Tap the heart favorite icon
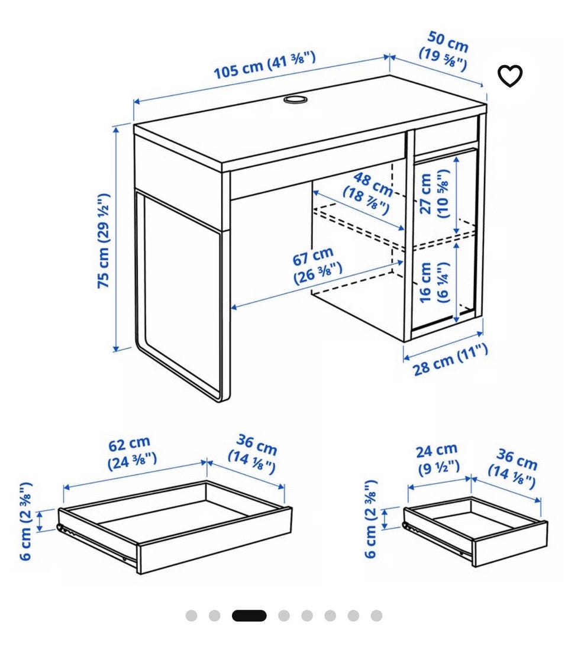point(509,76)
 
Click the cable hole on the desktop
point(295,99)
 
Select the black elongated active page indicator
point(249,616)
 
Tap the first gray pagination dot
point(191,616)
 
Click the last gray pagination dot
point(376,616)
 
